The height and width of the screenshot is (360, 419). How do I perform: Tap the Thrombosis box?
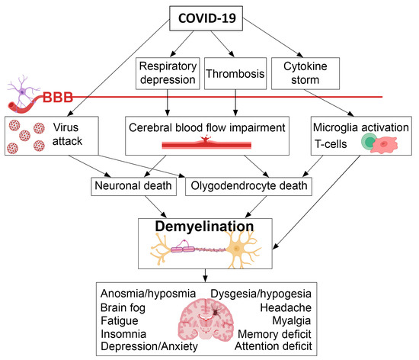235,74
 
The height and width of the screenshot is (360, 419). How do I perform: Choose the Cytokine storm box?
305,74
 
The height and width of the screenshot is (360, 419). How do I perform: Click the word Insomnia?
123,333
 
